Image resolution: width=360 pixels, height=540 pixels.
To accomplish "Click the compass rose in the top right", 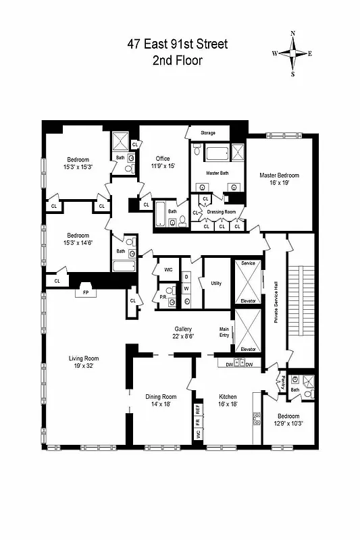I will (292, 54).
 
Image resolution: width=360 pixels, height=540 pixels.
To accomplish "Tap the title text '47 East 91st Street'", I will (178, 44).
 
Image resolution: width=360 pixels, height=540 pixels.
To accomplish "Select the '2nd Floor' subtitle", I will (178, 60).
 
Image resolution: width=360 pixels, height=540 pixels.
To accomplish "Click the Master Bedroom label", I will (279, 175).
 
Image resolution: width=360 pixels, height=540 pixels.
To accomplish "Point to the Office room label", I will (163, 159).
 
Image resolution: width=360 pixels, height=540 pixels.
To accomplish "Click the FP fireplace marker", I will (85, 294).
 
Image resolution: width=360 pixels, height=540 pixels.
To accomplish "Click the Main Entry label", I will (224, 331).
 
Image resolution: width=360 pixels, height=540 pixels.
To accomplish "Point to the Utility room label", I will (216, 283).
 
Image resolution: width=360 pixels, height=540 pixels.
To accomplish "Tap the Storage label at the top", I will (208, 133).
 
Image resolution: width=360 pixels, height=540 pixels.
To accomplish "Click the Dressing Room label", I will (221, 211).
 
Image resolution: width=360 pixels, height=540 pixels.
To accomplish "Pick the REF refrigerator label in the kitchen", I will (199, 410).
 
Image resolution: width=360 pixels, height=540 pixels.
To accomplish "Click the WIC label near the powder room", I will (168, 270).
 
